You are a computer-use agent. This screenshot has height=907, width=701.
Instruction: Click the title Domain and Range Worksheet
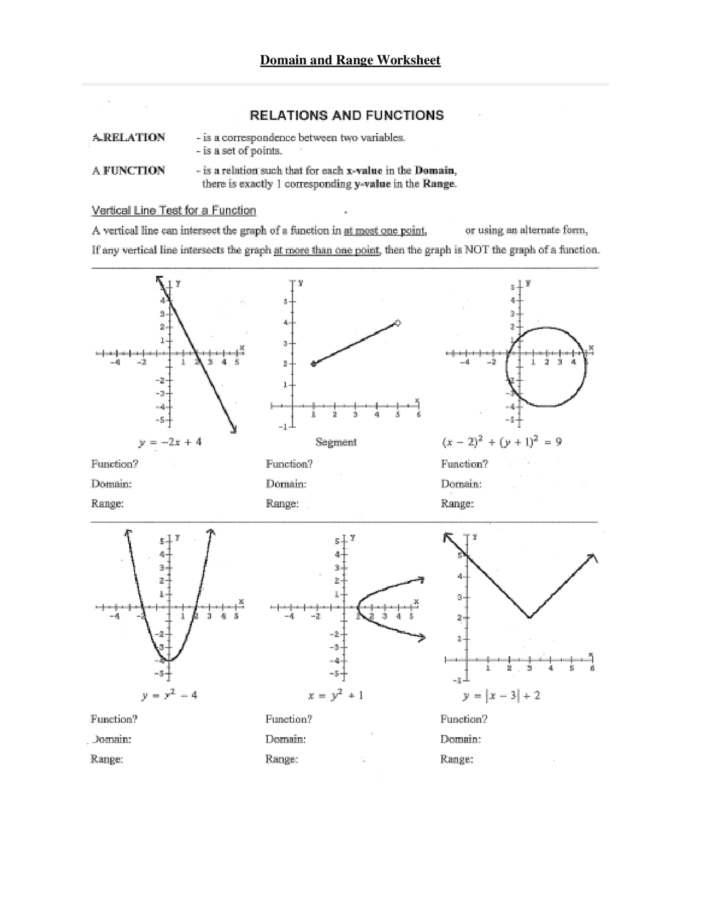350,60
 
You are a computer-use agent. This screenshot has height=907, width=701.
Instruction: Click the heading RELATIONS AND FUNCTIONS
347,116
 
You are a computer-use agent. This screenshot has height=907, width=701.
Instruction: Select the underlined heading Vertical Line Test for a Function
174,210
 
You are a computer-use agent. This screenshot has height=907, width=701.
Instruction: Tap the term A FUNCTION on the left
129,170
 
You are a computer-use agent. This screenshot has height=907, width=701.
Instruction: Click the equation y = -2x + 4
170,441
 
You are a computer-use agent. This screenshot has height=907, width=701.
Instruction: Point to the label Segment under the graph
336,442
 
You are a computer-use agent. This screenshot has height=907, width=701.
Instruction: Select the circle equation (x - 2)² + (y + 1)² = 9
501,441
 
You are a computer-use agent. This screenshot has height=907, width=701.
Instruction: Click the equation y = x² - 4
169,696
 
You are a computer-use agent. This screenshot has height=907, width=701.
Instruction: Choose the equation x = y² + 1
336,696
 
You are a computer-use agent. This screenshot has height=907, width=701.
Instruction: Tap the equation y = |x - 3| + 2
501,696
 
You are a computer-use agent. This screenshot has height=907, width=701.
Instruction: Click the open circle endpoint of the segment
398,323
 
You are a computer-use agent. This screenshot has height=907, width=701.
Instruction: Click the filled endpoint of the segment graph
313,364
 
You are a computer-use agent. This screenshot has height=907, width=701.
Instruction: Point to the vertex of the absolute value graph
529,618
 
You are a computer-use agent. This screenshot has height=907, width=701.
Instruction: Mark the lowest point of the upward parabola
170,660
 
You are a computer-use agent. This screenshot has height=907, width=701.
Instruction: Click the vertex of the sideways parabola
358,607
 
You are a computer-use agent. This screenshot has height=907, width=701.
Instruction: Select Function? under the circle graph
464,464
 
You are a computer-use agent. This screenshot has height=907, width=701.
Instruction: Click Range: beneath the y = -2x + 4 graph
107,503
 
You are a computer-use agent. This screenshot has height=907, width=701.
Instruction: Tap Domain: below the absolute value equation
461,739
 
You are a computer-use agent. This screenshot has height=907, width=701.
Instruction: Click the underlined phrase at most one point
385,231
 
